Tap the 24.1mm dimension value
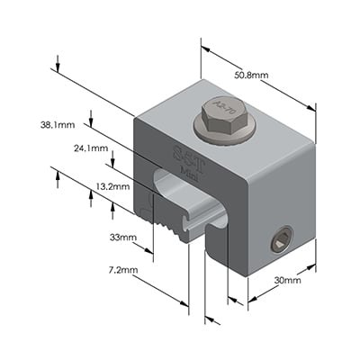91,148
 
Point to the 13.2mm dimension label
112,187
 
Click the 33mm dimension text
121,238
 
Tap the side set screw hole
280,240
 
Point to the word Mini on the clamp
190,166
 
